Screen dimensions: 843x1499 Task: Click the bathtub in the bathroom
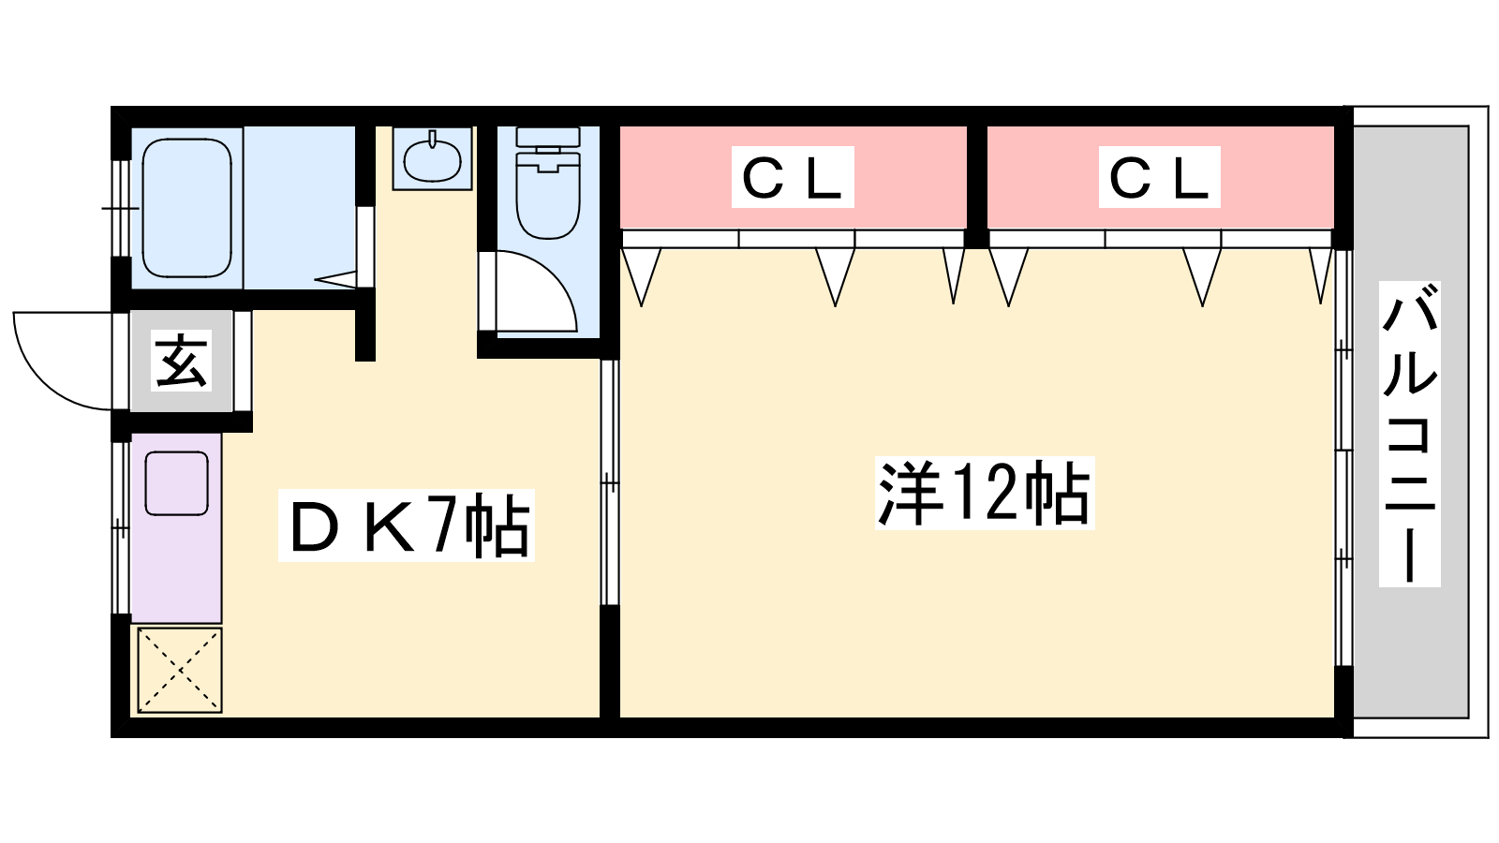click(186, 208)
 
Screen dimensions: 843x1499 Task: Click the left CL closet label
click(792, 178)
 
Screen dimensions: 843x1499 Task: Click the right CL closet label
click(1159, 178)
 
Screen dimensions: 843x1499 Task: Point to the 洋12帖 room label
click(984, 493)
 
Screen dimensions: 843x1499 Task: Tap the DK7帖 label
click(407, 526)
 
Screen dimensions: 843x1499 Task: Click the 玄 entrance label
click(181, 361)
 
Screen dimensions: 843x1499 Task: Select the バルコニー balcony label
click(1409, 435)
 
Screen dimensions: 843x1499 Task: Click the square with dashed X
click(180, 670)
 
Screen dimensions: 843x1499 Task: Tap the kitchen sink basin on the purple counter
click(176, 483)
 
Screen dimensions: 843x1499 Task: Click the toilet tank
click(548, 139)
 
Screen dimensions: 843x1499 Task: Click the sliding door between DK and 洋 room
click(609, 482)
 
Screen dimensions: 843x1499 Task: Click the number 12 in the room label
click(984, 493)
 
